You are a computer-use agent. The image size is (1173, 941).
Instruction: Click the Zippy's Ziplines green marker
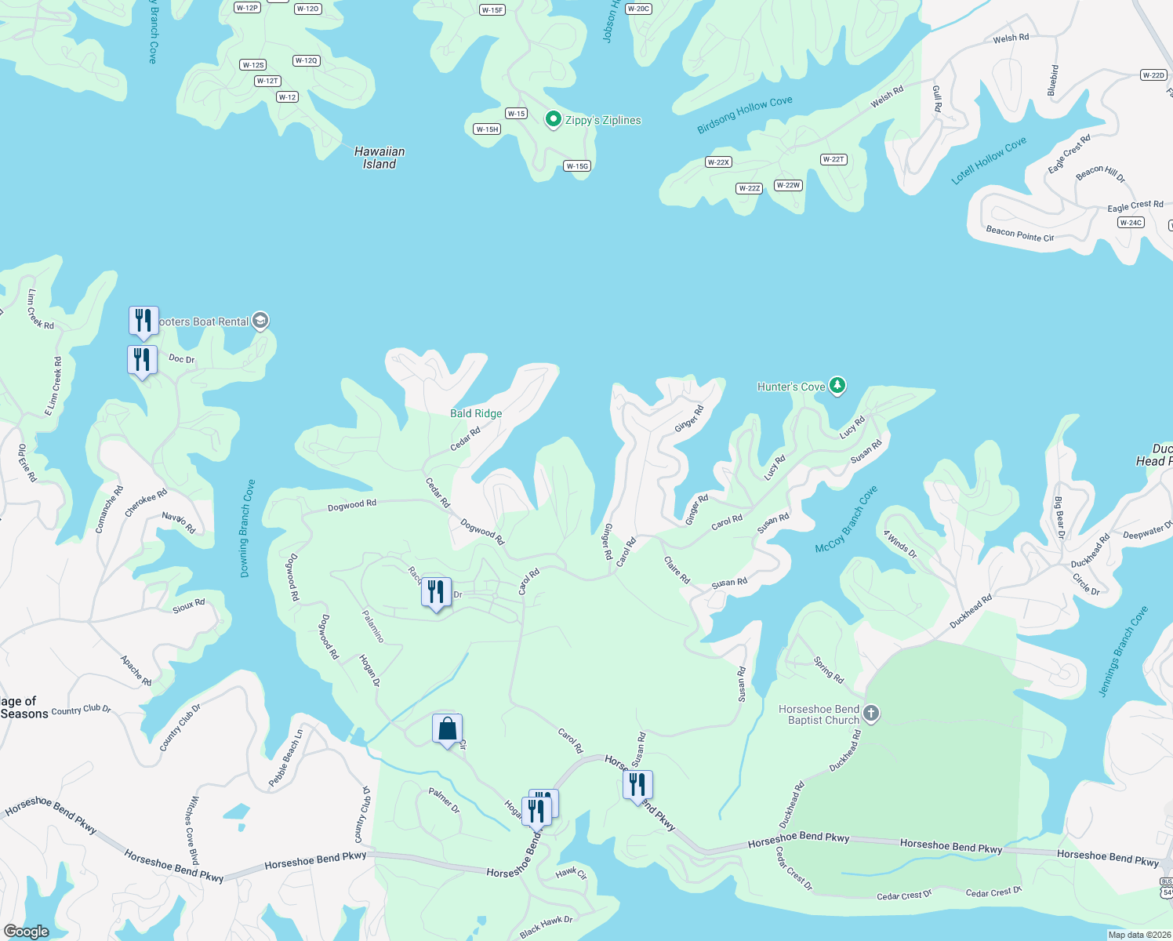[x=554, y=119]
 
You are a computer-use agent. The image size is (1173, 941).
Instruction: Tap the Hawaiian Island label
[x=379, y=158]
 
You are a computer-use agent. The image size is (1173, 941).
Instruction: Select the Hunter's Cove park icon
[x=837, y=385]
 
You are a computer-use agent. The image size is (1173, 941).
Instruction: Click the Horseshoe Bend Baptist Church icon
[x=871, y=714]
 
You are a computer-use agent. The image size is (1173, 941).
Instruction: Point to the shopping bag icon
[x=447, y=729]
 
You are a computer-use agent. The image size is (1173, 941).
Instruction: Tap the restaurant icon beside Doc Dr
[x=142, y=360]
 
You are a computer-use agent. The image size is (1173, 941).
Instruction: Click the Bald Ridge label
[x=476, y=413]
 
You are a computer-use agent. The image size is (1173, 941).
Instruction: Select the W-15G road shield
[x=577, y=166]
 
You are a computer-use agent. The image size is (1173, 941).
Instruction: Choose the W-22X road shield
[x=718, y=162]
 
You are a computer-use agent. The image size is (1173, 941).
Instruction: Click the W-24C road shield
[x=1131, y=223]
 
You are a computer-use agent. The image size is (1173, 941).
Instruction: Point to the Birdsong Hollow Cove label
[x=745, y=115]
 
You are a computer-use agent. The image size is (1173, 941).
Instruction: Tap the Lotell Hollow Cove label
[x=989, y=161]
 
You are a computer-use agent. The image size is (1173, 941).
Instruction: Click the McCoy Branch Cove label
[x=847, y=519]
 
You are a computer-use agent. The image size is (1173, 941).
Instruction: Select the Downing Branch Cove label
[x=247, y=529]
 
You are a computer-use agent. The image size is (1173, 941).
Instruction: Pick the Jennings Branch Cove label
[x=1123, y=651]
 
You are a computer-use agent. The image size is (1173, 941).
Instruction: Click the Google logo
[x=26, y=932]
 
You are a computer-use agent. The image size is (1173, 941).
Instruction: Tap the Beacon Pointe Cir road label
[x=1019, y=234]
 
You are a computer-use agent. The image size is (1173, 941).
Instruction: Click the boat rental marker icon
[x=260, y=321]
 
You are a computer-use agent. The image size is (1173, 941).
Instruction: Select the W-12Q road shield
[x=306, y=60]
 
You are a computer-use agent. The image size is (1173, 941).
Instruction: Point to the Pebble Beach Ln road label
[x=285, y=758]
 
